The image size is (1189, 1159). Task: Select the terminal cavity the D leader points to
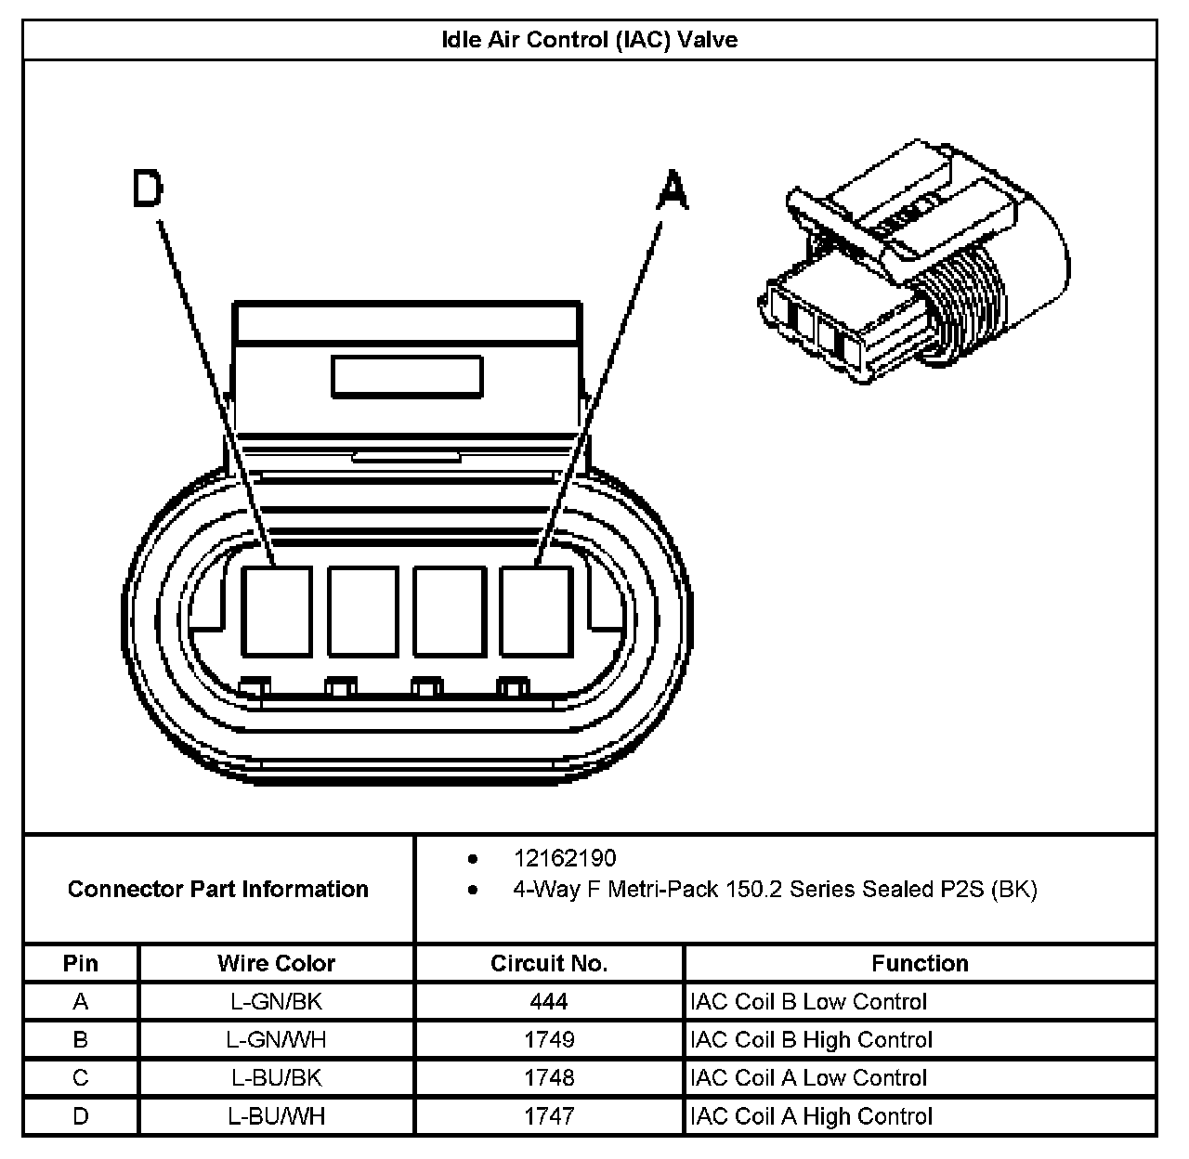pos(276,611)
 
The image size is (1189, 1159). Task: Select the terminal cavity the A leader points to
pos(535,611)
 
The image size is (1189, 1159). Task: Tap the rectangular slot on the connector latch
pos(407,377)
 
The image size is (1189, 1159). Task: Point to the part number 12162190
pos(564,858)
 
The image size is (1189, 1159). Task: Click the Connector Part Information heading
pos(218,889)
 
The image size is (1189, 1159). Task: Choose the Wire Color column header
pos(276,963)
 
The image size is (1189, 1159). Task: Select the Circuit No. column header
pos(549,963)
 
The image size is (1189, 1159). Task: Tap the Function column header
pos(920,963)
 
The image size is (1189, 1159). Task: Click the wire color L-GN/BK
pos(276,1002)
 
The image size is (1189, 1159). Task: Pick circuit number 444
pos(549,1002)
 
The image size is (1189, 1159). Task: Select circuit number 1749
pos(549,1040)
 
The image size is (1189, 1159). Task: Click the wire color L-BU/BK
pos(276,1078)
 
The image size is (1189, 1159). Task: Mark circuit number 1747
pos(549,1116)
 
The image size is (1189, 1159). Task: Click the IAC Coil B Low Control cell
pos(809,1002)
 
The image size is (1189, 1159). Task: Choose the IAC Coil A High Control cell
pos(811,1116)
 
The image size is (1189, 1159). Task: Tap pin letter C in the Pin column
pos(81,1078)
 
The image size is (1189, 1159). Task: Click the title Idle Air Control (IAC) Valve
pos(590,40)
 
